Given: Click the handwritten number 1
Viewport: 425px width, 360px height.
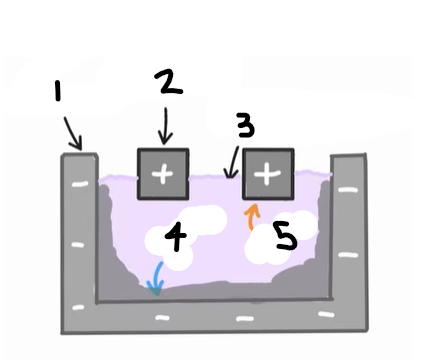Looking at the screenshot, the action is pyautogui.click(x=58, y=93).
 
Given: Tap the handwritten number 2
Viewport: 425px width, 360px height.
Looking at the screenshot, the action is pyautogui.click(x=171, y=83).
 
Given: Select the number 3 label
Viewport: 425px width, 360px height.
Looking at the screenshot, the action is pyautogui.click(x=244, y=126).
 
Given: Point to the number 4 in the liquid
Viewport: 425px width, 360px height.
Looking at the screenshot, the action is pyautogui.click(x=174, y=238).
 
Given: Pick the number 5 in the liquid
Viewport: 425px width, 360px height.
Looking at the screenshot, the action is pyautogui.click(x=285, y=236).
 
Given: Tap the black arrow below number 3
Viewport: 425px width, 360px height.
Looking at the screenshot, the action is pyautogui.click(x=232, y=163).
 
